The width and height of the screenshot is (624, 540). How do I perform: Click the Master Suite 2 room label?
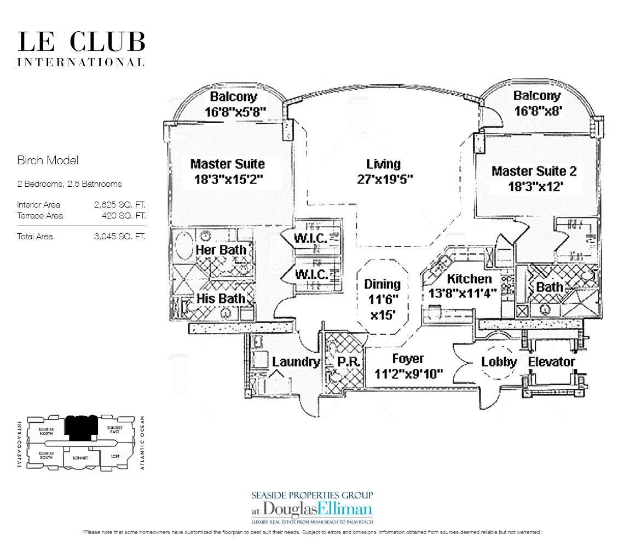click(x=534, y=171)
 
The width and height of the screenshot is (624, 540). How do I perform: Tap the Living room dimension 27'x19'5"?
click(x=383, y=179)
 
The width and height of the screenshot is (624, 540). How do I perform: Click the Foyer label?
click(x=408, y=359)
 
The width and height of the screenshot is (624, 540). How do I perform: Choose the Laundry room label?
click(x=296, y=362)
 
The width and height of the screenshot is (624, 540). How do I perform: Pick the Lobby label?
click(x=499, y=362)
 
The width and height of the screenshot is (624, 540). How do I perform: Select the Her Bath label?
click(x=221, y=250)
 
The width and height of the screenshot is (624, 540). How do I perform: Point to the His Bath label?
click(x=221, y=298)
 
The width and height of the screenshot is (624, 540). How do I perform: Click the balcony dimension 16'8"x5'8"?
click(x=235, y=112)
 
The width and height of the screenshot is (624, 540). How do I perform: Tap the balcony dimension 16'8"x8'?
click(x=536, y=111)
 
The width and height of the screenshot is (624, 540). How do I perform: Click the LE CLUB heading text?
click(x=81, y=43)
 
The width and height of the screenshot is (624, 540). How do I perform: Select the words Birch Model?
click(x=48, y=160)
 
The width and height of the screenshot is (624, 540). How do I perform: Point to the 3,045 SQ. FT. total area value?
click(x=119, y=237)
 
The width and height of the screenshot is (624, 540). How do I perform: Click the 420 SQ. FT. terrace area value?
click(x=124, y=215)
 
